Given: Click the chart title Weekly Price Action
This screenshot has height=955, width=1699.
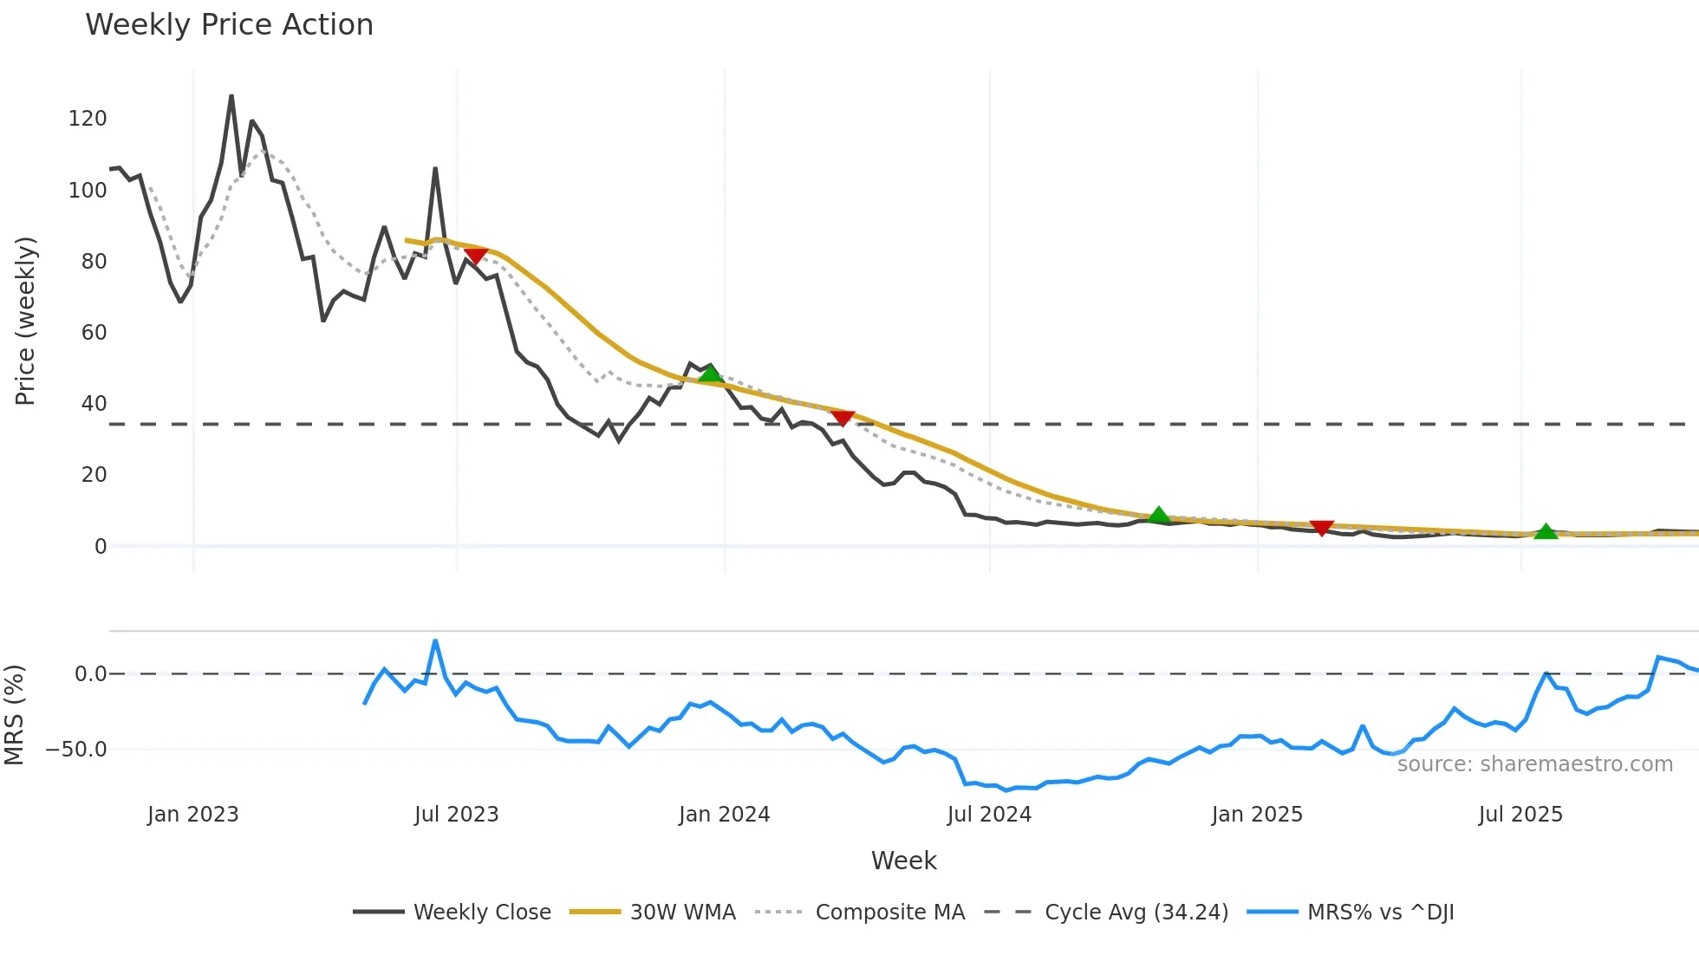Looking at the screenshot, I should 229,24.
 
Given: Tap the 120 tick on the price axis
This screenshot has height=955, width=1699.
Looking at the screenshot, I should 88,119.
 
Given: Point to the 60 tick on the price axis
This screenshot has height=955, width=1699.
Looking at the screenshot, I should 94,333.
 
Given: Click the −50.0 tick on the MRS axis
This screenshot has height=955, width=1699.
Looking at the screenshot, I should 76,750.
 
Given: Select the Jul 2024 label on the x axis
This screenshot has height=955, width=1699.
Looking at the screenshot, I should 989,815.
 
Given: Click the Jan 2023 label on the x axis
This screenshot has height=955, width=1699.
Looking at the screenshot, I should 192,815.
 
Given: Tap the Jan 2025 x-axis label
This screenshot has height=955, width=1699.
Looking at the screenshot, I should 1257,815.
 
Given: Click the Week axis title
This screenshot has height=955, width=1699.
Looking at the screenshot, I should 903,861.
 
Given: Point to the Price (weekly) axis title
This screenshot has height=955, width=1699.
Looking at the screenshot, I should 25,321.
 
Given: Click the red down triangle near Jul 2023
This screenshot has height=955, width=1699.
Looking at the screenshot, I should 475,256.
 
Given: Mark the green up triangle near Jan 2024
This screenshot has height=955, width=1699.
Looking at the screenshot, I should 710,374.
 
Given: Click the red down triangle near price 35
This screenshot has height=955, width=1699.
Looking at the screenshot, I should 843,419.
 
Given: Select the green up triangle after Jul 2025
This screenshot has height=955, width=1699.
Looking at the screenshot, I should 1546,532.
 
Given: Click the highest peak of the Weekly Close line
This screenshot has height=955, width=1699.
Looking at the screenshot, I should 231,96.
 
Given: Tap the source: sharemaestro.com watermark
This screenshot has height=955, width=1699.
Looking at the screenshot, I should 1534,764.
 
